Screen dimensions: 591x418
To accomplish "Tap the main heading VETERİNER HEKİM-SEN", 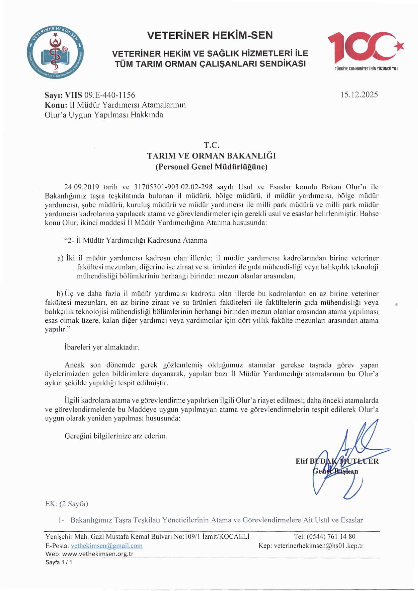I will [x=210, y=35].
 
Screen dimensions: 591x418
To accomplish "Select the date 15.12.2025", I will [x=359, y=95].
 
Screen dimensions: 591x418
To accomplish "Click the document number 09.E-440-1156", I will [x=110, y=95].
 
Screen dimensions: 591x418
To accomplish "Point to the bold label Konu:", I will [x=56, y=105].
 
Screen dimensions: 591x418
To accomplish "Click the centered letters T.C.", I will [x=211, y=145].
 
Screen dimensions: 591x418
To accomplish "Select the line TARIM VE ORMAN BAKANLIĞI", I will [x=211, y=156].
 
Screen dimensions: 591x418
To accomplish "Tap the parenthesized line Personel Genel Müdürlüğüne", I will [x=211, y=167].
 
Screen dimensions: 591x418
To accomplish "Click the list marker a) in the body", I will [x=60, y=258].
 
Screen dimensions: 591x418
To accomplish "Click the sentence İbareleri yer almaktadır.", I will [x=102, y=347].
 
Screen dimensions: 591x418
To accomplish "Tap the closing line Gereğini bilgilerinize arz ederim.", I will [x=116, y=436].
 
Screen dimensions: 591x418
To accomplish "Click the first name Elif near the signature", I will [x=302, y=461].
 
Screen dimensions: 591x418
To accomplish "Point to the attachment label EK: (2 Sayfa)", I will [x=66, y=504].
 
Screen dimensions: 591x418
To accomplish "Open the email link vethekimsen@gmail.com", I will [x=107, y=546].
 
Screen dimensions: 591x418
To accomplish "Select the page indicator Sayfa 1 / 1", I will [x=58, y=562].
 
